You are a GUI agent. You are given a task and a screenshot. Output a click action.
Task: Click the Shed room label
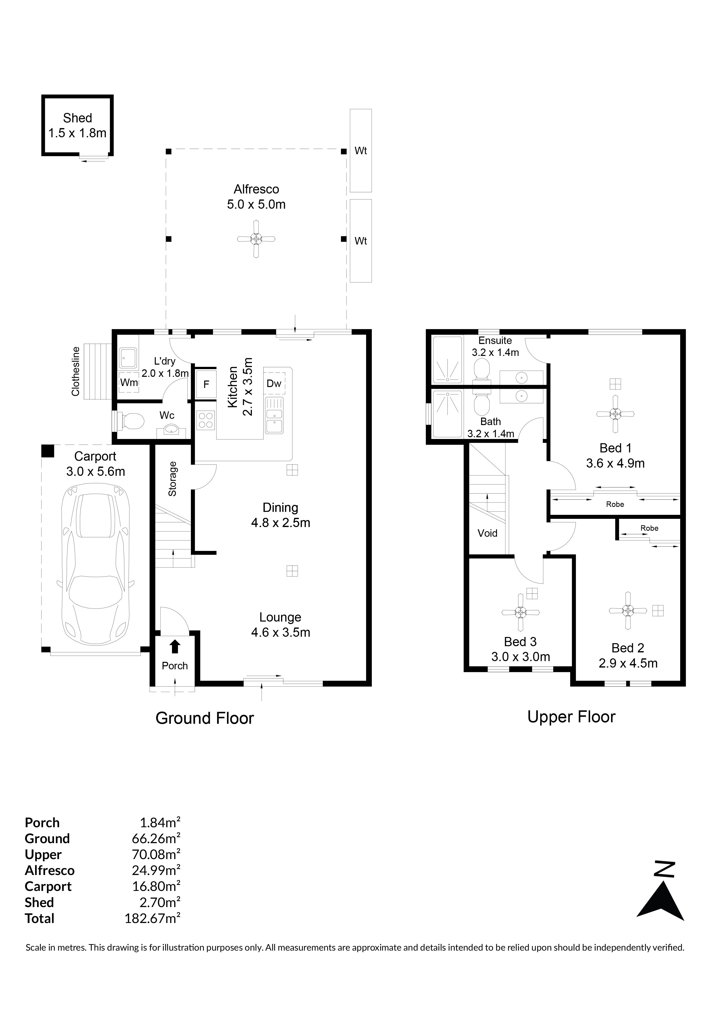click(78, 118)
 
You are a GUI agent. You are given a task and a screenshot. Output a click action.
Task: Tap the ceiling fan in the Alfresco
click(256, 239)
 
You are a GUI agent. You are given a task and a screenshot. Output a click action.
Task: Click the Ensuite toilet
click(481, 370)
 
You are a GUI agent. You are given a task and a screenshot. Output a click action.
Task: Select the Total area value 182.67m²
click(153, 918)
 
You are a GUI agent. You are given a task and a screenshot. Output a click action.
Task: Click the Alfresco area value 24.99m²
click(156, 870)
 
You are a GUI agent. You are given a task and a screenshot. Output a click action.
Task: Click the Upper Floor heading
click(571, 717)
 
